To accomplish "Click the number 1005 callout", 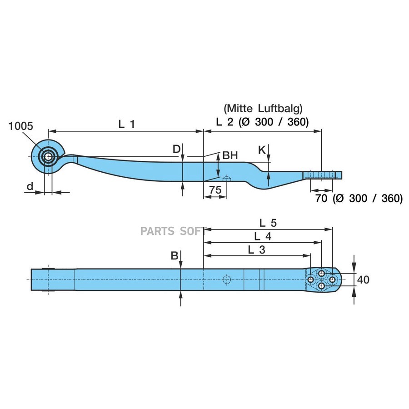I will [21, 126].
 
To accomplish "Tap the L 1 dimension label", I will [126, 124].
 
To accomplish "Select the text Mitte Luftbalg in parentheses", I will [263, 109].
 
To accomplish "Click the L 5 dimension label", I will [268, 223].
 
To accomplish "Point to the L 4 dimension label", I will [263, 236].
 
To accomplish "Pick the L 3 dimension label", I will [257, 249].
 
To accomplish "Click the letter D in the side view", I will [176, 149].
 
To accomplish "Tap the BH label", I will [230, 156].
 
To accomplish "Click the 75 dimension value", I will [215, 190].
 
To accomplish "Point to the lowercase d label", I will [30, 186].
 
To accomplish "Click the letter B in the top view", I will [175, 256].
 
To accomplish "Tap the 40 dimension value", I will [363, 279].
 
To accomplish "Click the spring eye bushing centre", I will [48, 157].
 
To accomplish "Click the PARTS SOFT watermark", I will [173, 231].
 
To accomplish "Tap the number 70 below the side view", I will [322, 198].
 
